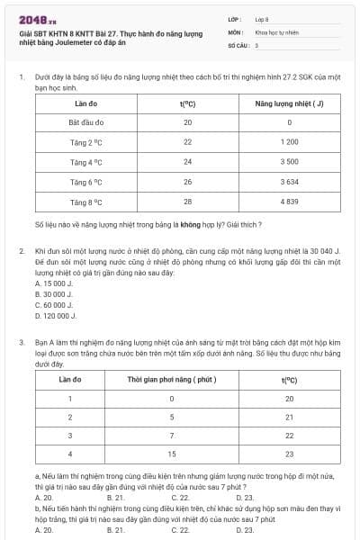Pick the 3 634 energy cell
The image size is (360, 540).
289,182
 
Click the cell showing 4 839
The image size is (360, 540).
289,202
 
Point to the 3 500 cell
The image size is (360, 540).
289,162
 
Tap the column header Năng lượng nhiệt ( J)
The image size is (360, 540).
289,103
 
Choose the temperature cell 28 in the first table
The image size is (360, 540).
187,202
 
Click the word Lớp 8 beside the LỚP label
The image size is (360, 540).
262,19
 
